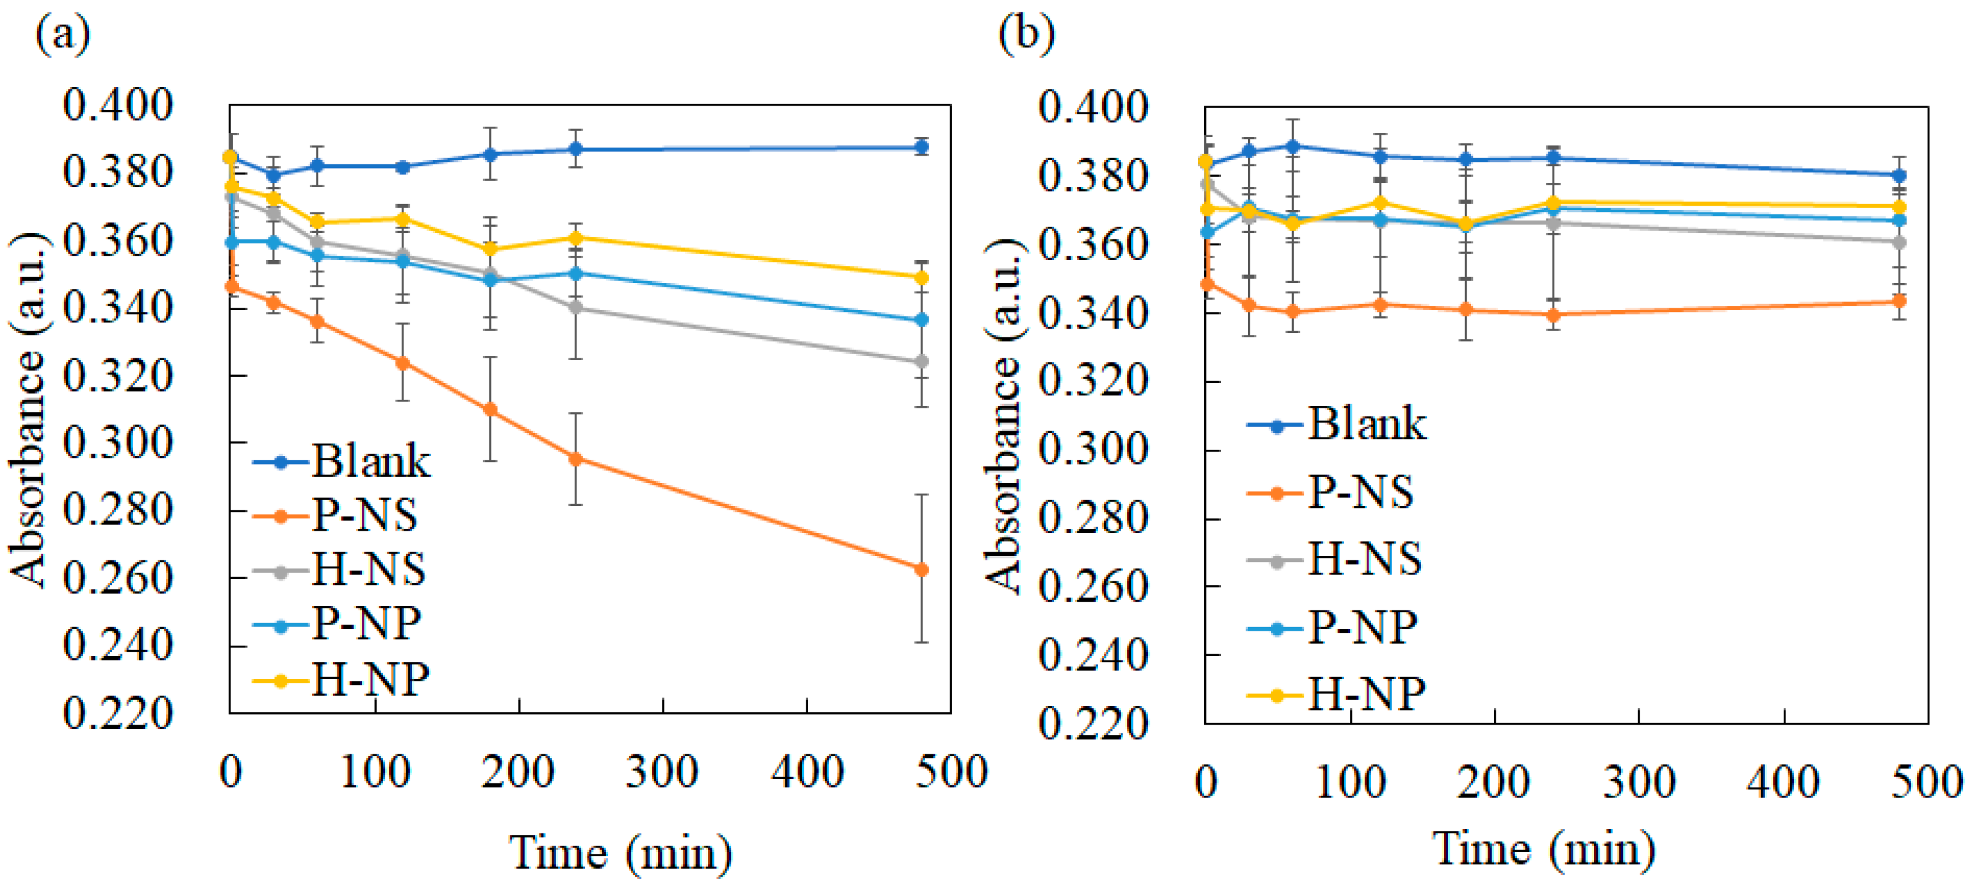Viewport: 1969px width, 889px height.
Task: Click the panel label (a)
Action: tap(62, 35)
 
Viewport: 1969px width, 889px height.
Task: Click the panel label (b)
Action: tap(1027, 35)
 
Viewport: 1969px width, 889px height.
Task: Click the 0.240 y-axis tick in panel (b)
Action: tap(1093, 656)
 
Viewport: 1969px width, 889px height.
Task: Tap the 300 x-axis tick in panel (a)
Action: tap(662, 772)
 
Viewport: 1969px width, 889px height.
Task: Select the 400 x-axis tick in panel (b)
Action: tap(1783, 782)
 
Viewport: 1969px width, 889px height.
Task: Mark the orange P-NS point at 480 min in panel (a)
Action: tap(922, 570)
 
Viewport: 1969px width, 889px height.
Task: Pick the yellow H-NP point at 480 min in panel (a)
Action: tap(922, 277)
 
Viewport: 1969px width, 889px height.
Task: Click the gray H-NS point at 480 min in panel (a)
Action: tap(922, 361)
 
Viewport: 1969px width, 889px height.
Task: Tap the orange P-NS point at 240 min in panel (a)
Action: tap(576, 458)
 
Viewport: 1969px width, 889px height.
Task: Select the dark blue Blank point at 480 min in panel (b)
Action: tap(1898, 175)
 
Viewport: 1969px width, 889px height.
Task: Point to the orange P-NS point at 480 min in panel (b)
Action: tap(1898, 301)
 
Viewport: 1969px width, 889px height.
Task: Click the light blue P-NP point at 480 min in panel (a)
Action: tap(922, 319)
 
